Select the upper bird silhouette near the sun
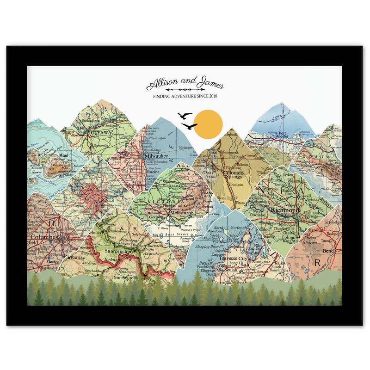click(x=185, y=116)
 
